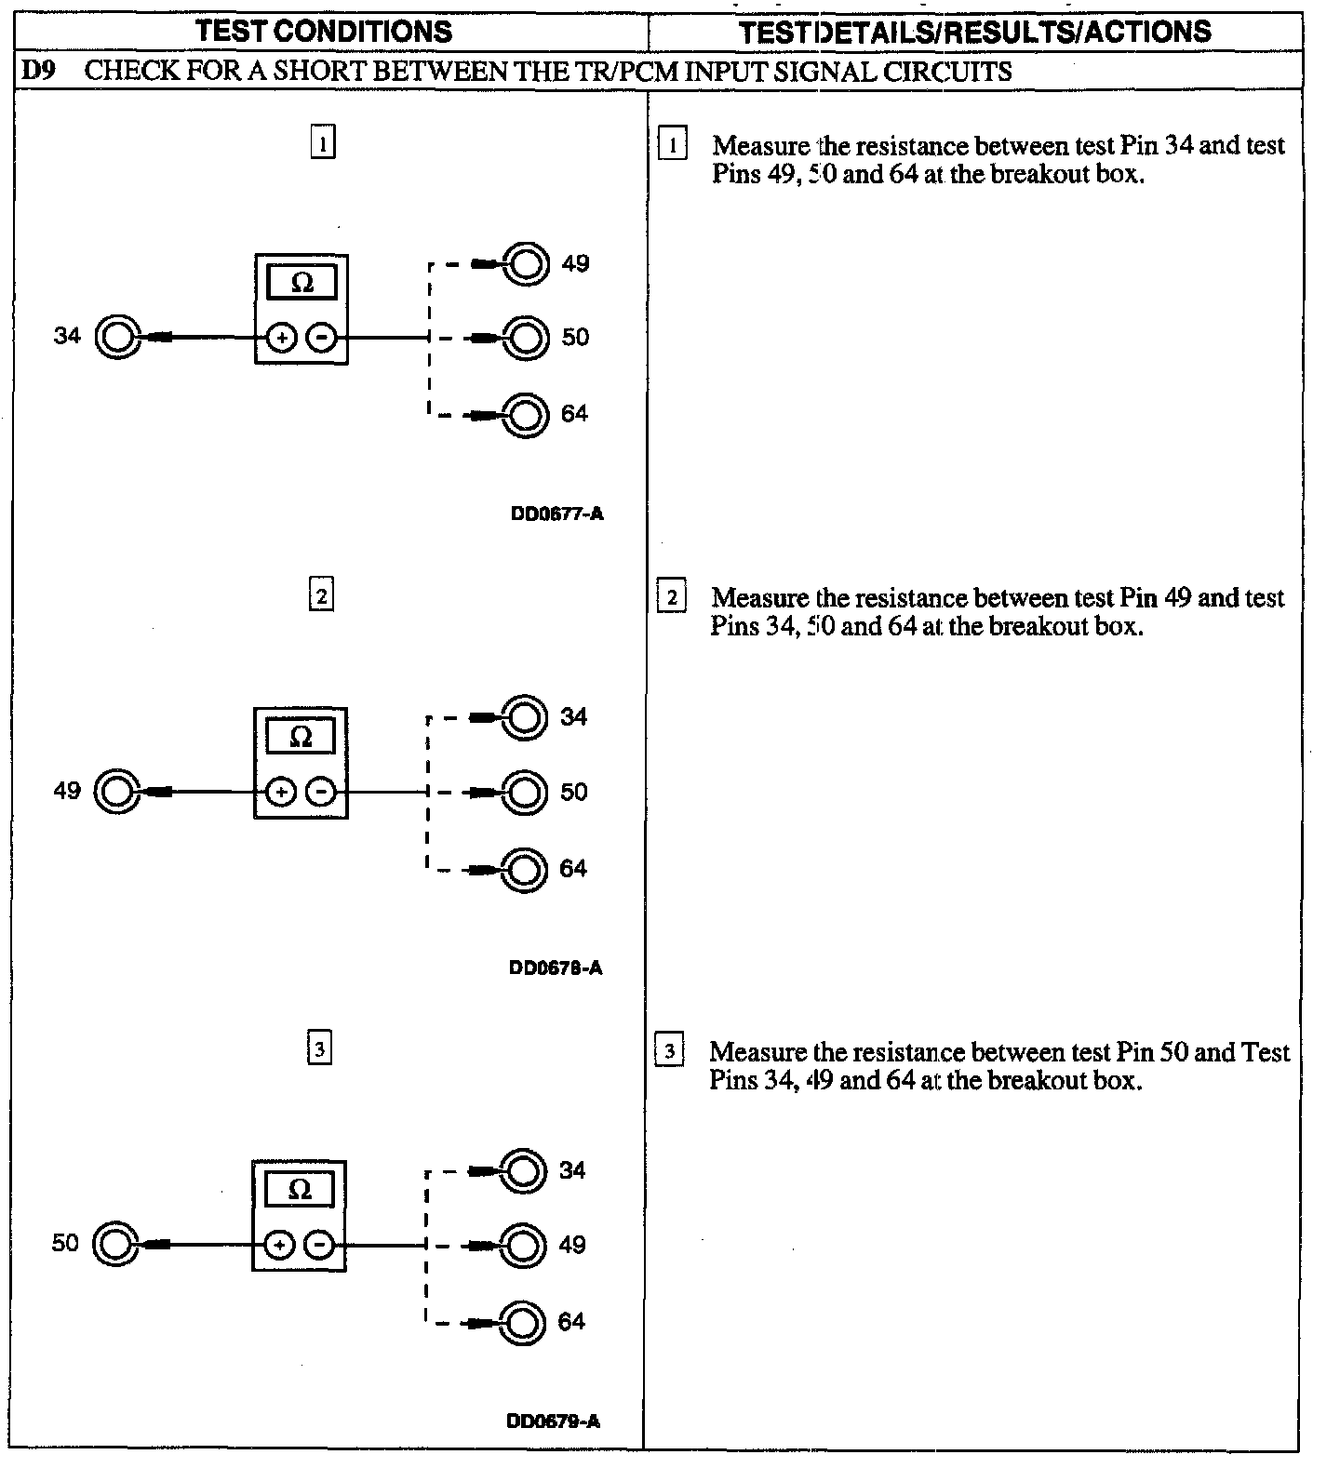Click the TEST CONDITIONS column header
[x=324, y=32]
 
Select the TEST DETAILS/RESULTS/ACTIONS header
[x=974, y=32]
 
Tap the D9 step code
[x=38, y=72]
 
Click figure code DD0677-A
[x=556, y=514]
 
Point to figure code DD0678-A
[x=556, y=968]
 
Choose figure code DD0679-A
[x=553, y=1421]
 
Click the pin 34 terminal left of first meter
[x=118, y=338]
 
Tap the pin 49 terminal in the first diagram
[x=525, y=264]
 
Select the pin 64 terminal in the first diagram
[x=525, y=415]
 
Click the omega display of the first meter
[x=301, y=282]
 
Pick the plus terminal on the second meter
[x=280, y=793]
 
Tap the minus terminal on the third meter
[x=319, y=1245]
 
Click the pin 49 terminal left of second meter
[x=117, y=793]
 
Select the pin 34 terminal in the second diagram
[x=524, y=717]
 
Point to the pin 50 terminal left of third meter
[x=115, y=1245]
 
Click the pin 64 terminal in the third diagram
[x=522, y=1322]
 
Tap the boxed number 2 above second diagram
[x=321, y=595]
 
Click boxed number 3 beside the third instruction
[x=670, y=1051]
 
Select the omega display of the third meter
[x=299, y=1189]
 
